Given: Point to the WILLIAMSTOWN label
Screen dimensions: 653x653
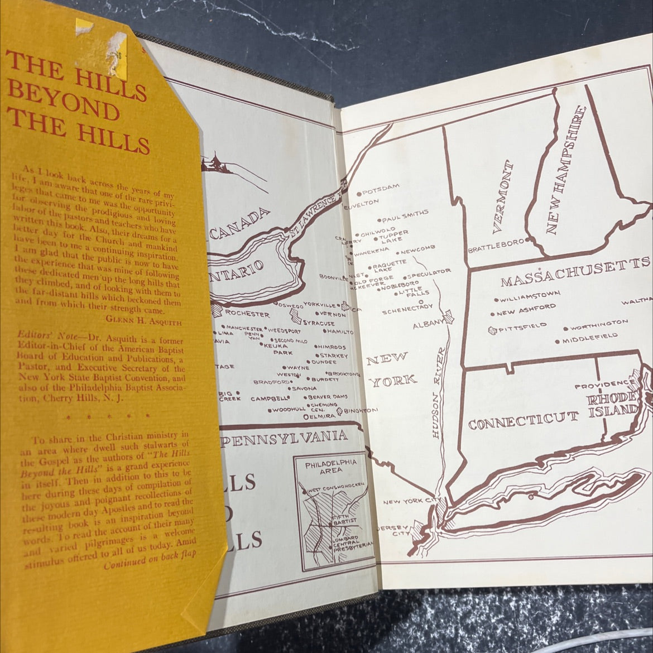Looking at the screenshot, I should coord(530,296).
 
